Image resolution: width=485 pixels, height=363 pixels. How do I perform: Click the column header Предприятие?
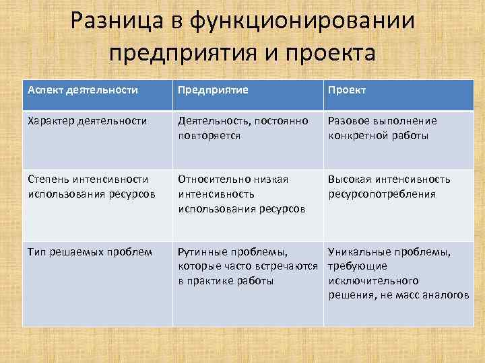213,89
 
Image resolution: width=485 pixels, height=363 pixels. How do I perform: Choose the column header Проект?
347,89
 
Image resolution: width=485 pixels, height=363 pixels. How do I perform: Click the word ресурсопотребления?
382,194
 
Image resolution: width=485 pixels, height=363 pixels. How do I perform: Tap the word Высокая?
350,179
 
